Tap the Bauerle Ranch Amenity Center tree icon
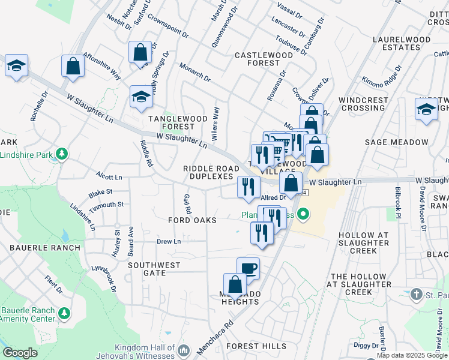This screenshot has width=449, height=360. [63, 313]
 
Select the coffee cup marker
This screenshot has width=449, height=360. [248, 268]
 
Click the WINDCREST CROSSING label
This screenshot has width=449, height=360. [362, 104]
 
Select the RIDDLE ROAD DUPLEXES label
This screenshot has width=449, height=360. [208, 172]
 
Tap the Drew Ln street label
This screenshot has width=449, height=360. [169, 242]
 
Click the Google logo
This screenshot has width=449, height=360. [20, 353]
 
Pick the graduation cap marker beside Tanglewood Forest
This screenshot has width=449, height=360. [141, 97]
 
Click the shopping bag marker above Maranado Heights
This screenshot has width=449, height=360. [235, 284]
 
